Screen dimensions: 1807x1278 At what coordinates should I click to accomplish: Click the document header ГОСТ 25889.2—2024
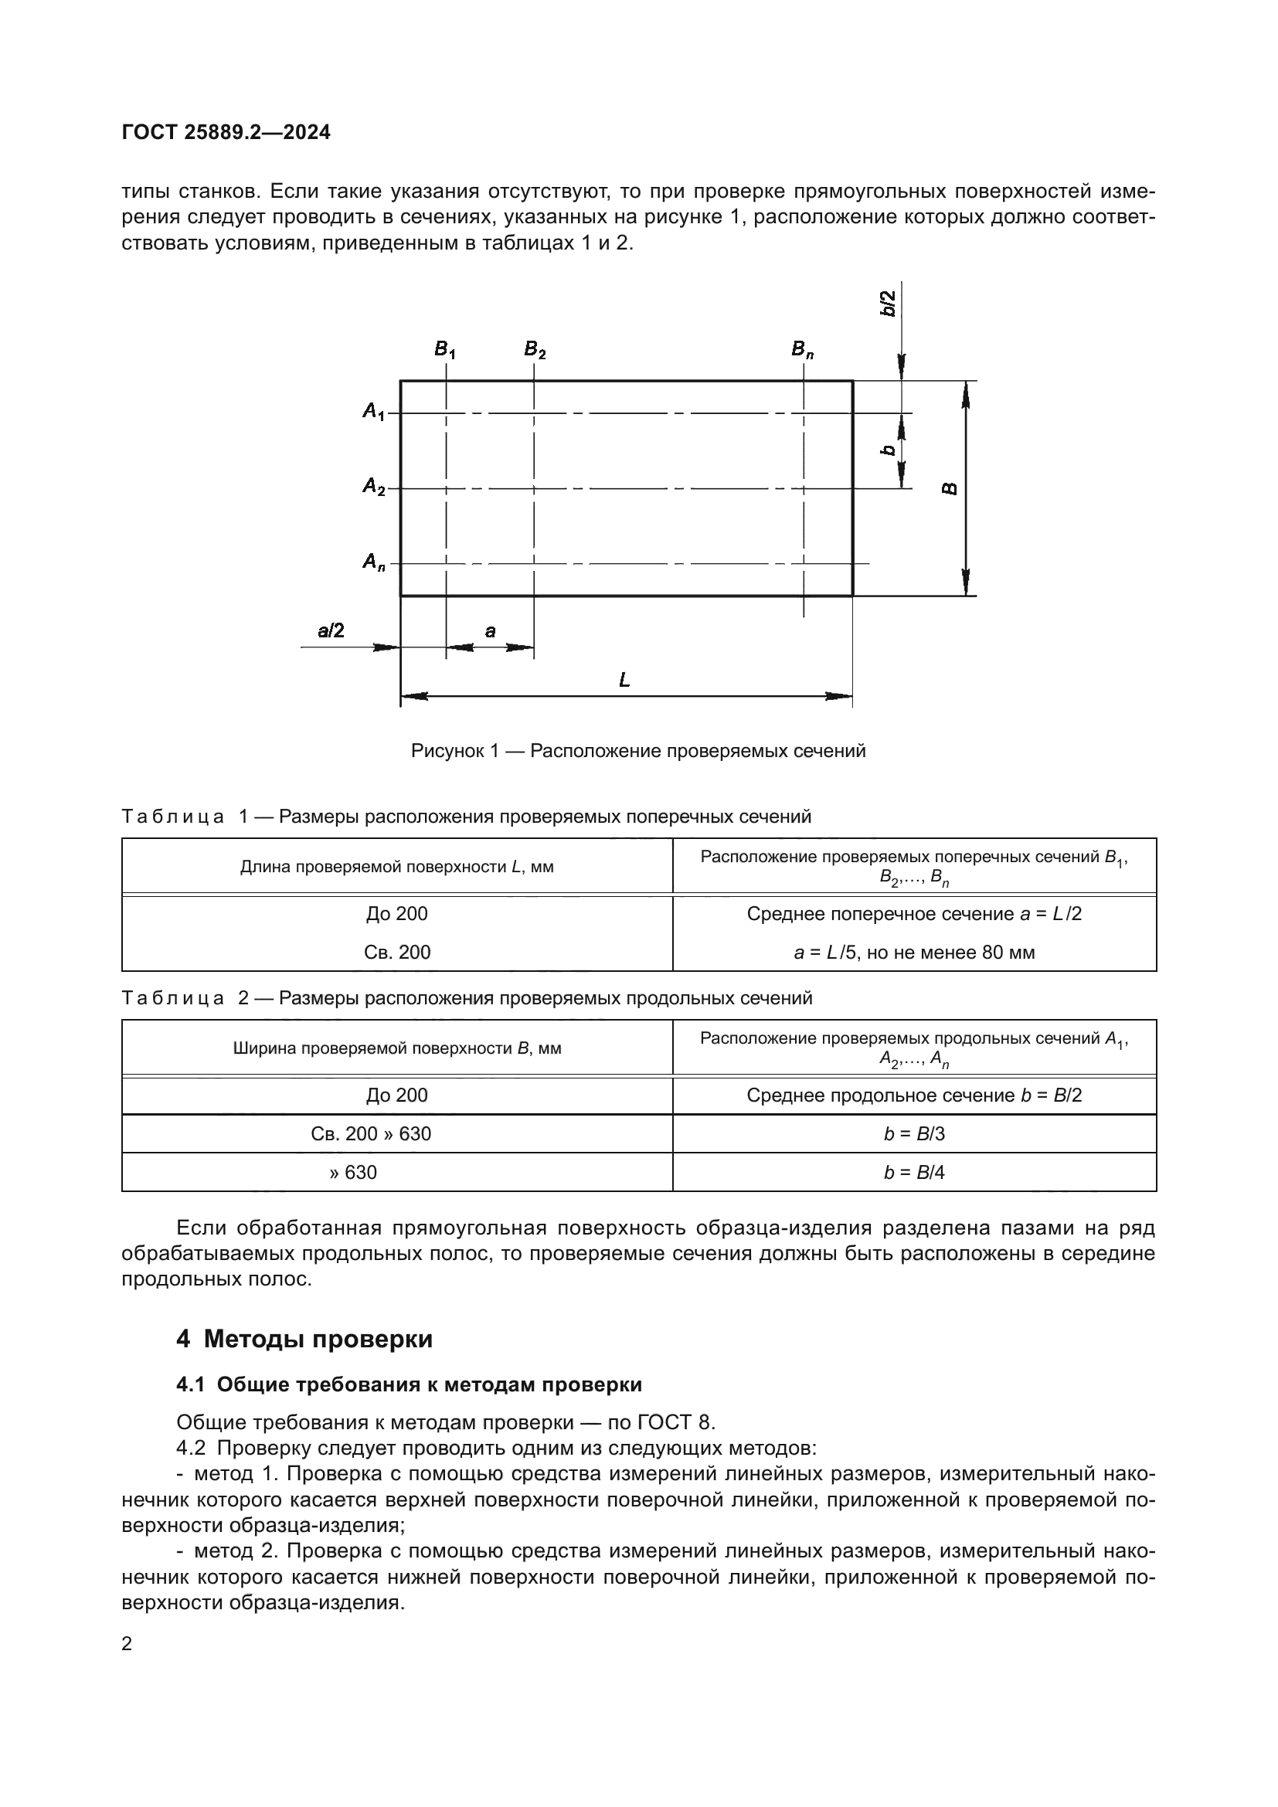226,132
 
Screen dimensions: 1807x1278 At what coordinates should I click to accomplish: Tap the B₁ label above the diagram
444,349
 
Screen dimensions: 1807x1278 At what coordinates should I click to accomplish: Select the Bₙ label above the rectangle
802,349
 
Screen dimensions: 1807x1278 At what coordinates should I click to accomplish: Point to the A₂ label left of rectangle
374,487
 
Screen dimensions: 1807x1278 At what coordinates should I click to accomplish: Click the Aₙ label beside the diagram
374,562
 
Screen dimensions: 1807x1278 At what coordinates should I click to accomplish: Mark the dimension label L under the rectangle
624,680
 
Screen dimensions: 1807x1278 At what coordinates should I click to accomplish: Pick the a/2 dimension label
331,630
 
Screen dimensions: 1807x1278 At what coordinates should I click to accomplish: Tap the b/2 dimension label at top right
888,304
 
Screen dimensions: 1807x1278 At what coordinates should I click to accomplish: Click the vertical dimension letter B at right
950,489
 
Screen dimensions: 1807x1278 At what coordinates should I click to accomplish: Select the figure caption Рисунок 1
637,751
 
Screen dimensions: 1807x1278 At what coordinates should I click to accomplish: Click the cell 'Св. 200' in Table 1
396,953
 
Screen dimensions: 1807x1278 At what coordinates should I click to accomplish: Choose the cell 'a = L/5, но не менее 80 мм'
913,953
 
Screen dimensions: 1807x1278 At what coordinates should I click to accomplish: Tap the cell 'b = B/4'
913,1172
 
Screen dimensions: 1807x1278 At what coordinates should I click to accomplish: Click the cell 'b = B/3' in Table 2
913,1133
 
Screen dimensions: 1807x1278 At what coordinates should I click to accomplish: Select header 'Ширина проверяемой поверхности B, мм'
396,1048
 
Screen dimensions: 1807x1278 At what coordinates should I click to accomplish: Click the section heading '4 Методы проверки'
304,1339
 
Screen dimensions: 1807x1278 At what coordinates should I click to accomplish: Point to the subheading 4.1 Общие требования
409,1384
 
